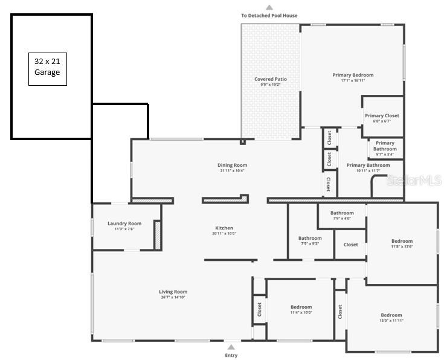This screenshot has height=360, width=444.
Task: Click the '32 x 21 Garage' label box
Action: [x=47, y=68]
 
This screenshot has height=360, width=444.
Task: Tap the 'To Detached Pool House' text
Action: [x=269, y=16]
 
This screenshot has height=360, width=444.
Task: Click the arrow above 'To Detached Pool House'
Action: [x=269, y=7]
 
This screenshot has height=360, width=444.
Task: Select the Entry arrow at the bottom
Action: [x=231, y=347]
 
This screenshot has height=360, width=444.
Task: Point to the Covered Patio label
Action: [x=270, y=79]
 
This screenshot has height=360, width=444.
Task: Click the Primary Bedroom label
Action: [x=353, y=76]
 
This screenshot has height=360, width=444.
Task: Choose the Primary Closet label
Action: [x=382, y=116]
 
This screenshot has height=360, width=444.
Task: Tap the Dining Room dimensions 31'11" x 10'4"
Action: [x=232, y=171]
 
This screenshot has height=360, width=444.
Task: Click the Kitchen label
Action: [x=224, y=228]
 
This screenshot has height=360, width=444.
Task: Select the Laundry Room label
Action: [x=124, y=223]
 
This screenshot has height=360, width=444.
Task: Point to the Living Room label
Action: [x=173, y=292]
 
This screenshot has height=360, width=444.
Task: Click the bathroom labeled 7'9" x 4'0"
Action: [x=341, y=213]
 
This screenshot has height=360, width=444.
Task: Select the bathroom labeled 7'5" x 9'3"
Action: [x=310, y=239]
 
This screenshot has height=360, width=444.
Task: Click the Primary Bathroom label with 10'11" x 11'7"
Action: [x=368, y=166]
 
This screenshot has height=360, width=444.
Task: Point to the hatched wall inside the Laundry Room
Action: [x=158, y=235]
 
